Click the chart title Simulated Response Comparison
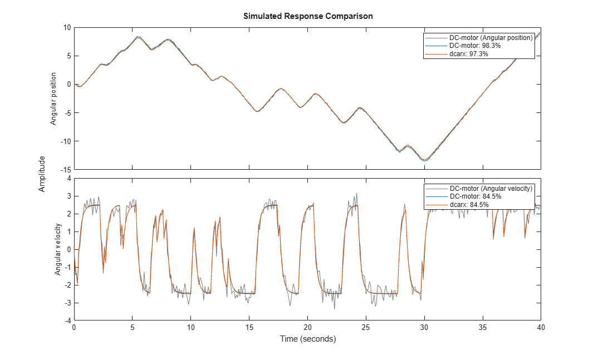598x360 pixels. tap(308, 16)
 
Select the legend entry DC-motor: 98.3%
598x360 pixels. tap(475, 46)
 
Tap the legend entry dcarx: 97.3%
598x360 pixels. tap(469, 54)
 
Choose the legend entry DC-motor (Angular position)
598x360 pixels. tap(491, 38)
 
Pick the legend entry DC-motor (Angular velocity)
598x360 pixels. tap(491, 189)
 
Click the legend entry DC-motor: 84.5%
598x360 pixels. tap(475, 196)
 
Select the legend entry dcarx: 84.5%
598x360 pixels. tap(469, 205)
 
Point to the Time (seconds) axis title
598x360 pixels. tap(308, 339)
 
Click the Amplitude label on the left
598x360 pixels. tap(42, 174)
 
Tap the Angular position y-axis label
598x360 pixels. tap(53, 98)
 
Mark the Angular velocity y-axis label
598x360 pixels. tap(57, 249)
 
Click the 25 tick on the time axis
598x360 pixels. tap(366, 327)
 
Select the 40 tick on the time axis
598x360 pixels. tap(541, 327)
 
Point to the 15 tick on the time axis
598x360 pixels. tap(249, 327)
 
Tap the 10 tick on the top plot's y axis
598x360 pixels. tap(67, 27)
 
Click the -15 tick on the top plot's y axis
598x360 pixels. tap(66, 170)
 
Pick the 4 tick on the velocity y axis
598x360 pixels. tap(69, 178)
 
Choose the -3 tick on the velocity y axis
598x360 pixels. tap(67, 303)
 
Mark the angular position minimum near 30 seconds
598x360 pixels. tap(425, 160)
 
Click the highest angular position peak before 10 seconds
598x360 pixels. tap(138, 37)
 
